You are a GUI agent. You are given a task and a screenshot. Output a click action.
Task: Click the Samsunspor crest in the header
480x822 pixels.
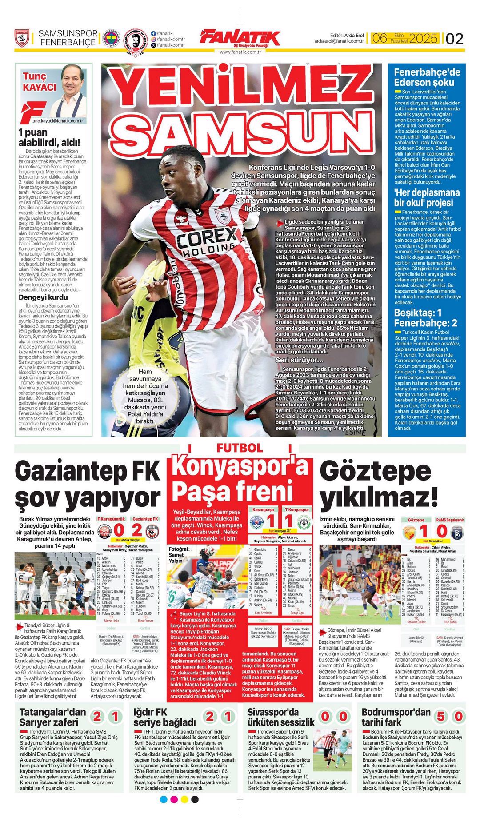(22, 39)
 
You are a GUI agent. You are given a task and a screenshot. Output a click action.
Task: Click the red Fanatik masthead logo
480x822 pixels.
(240, 38)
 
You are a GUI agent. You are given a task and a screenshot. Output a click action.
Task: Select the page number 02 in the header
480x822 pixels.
(454, 39)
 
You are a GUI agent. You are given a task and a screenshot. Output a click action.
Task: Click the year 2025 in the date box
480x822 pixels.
(423, 39)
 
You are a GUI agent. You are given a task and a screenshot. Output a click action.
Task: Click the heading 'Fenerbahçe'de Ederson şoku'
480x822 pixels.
(427, 77)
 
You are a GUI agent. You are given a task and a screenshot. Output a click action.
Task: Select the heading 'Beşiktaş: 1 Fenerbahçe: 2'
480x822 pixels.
(425, 317)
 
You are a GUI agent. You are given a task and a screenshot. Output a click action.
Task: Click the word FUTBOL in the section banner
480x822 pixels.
(240, 448)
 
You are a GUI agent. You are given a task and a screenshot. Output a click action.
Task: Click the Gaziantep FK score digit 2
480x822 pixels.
(137, 530)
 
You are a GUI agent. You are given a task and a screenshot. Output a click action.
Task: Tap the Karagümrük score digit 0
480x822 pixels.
(119, 530)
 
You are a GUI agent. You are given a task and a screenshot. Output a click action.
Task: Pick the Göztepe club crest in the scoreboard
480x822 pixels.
(408, 532)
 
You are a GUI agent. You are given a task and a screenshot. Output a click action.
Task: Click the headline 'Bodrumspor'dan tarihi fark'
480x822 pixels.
(396, 717)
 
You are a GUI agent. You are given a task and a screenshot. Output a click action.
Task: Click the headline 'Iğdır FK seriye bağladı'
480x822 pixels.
(164, 717)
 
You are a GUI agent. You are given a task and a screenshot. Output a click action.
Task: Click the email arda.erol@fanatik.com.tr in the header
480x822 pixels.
(339, 41)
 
